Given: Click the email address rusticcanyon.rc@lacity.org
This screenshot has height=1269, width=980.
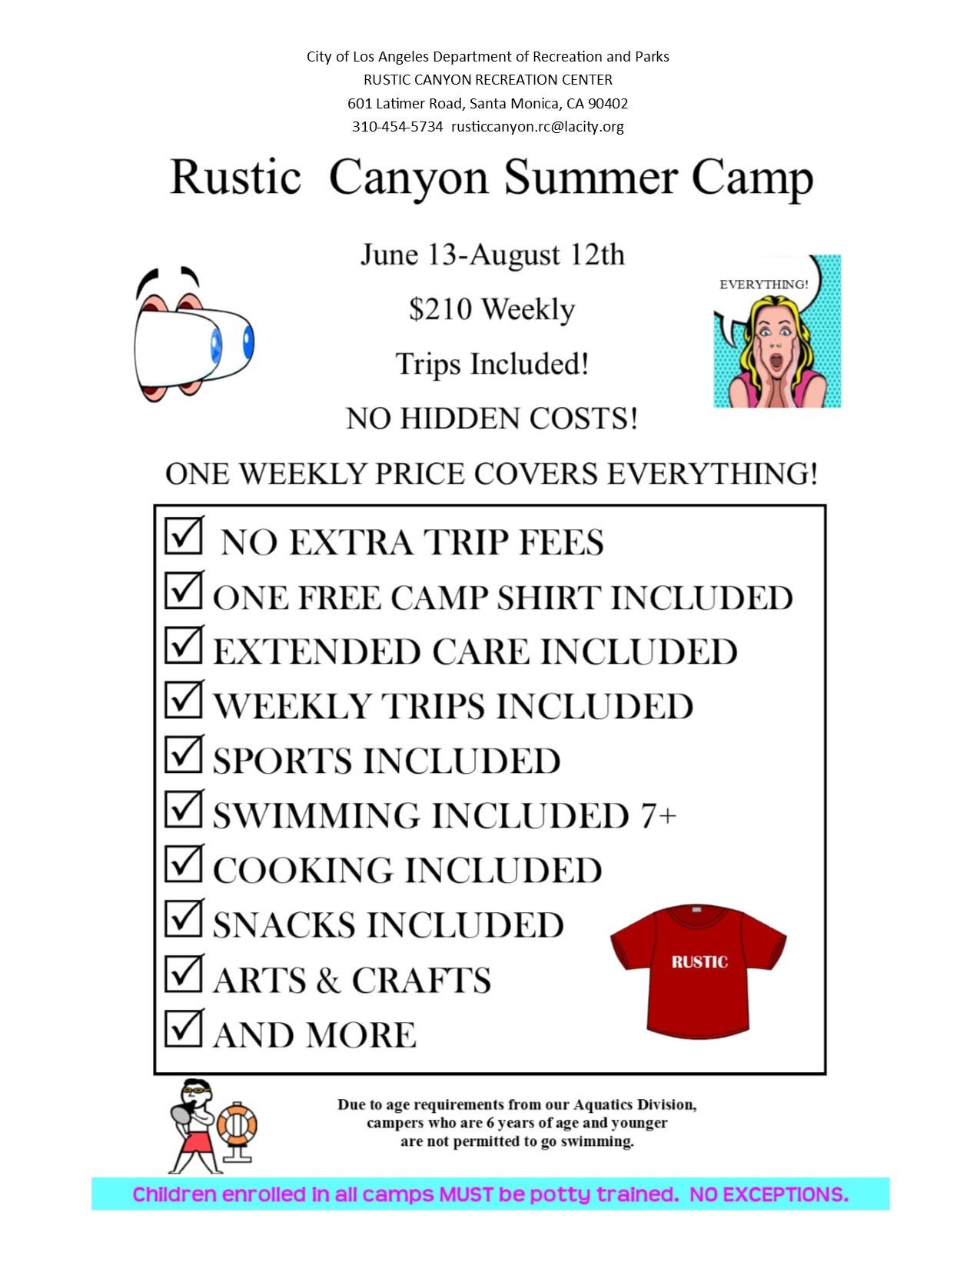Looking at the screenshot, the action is tap(537, 127).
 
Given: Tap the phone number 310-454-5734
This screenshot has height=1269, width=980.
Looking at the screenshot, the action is tap(397, 126).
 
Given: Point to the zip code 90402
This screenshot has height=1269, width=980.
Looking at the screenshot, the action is tap(608, 103).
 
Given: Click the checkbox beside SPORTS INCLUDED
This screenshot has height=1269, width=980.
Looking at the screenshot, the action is tap(183, 754).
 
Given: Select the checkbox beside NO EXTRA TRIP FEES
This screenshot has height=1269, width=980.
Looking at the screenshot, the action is tap(183, 535).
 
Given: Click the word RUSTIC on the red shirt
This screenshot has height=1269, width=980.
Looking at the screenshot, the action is tap(699, 962).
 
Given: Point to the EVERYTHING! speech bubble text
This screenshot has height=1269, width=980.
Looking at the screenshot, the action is tap(763, 285).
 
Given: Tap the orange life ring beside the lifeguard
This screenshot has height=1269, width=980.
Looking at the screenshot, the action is tap(237, 1124).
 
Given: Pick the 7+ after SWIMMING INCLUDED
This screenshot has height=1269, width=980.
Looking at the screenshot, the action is tap(659, 816).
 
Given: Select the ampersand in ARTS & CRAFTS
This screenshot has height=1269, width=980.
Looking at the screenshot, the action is tap(329, 980).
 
